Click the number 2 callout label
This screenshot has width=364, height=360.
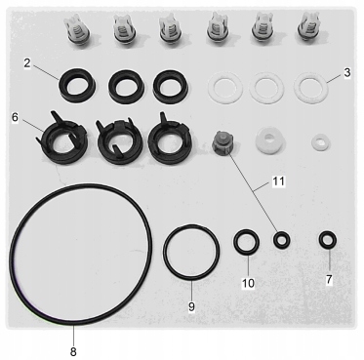(28, 64)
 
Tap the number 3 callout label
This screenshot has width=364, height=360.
(346, 73)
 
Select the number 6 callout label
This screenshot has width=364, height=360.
(15, 116)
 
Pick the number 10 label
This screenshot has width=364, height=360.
(247, 283)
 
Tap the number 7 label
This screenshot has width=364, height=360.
(329, 280)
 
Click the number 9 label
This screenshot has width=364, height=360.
(191, 306)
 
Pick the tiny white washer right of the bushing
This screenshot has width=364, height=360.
(319, 141)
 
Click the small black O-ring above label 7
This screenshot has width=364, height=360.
(328, 238)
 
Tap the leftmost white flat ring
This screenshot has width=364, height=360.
(223, 91)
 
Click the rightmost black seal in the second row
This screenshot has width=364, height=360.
(172, 89)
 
